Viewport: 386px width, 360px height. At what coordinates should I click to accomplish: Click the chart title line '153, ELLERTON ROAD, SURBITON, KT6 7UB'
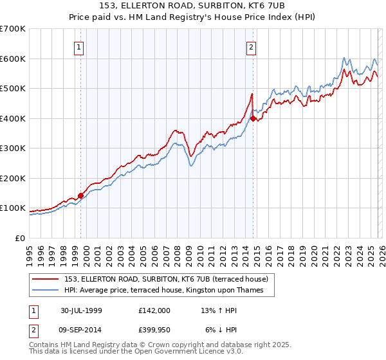(x=193, y=7)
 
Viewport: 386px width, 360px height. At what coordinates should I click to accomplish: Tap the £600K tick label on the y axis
(x=12, y=59)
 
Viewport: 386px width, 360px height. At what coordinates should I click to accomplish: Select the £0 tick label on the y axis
(x=19, y=238)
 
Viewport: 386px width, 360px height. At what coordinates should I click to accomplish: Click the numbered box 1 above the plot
(x=78, y=46)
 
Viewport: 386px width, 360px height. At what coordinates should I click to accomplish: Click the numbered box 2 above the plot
(x=250, y=46)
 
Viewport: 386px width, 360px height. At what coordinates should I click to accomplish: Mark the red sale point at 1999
(x=81, y=195)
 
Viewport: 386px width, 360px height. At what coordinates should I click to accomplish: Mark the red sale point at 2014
(x=253, y=118)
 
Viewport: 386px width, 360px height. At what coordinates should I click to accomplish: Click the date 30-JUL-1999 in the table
(x=81, y=310)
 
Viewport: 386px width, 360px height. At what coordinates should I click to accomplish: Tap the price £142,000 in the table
(x=154, y=310)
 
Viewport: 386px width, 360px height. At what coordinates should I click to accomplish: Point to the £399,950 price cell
(x=154, y=329)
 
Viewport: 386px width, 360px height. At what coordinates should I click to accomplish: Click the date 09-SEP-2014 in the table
(x=81, y=329)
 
